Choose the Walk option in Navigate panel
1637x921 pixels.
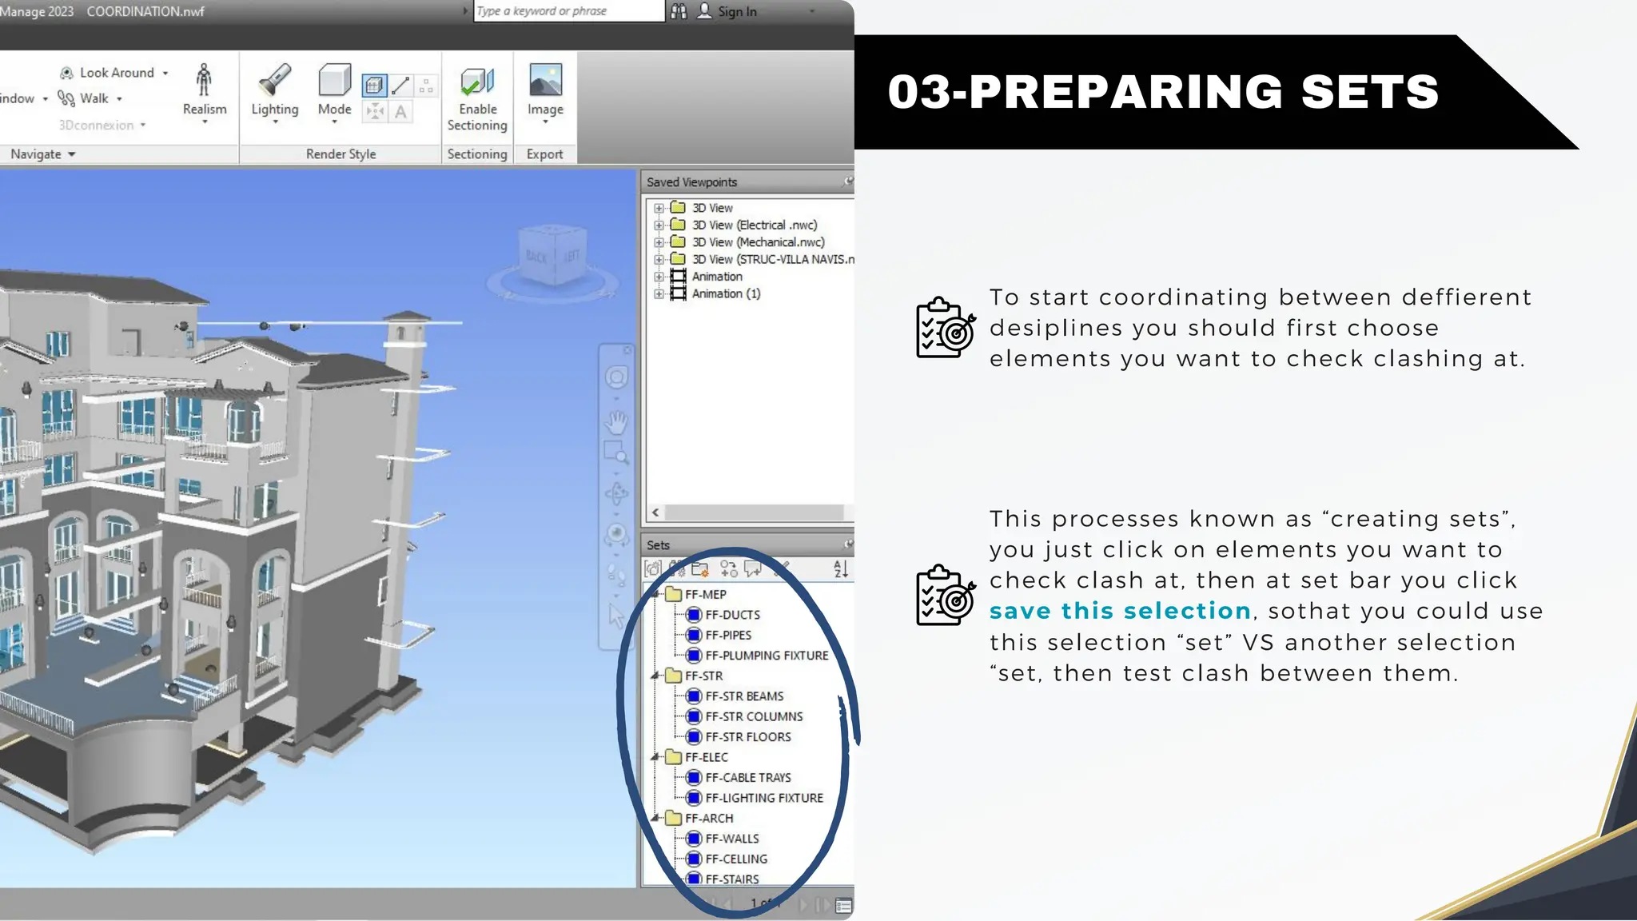pos(94,98)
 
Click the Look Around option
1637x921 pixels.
pos(116,73)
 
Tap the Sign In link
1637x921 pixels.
pos(736,11)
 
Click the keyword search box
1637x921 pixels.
pos(568,11)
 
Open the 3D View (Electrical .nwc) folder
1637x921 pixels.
pos(754,225)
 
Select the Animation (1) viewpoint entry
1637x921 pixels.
pos(725,294)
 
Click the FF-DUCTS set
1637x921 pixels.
pos(732,615)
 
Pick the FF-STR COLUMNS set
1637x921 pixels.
pos(753,717)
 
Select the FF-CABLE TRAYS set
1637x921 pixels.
pos(747,778)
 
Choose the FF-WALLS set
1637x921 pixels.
pos(731,839)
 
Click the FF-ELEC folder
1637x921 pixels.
pos(706,757)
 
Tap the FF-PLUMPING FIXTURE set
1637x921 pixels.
pos(766,656)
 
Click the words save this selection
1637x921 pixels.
pos(1119,611)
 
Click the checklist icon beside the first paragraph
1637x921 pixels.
pos(945,328)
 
